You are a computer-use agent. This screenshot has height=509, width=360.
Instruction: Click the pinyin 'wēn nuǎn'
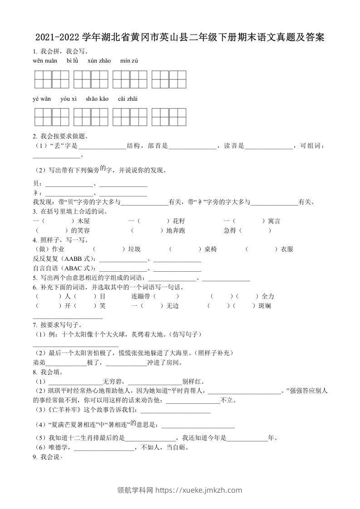pos(45,61)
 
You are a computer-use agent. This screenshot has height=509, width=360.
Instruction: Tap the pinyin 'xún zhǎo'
pos(99,61)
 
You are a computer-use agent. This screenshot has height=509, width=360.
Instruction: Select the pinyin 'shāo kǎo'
pos(97,99)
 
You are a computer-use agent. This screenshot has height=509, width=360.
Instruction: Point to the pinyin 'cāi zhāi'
pos(128,99)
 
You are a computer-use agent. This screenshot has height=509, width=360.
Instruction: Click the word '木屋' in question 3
pos(84,221)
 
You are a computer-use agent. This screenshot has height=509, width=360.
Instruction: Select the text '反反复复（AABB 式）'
pos(64,259)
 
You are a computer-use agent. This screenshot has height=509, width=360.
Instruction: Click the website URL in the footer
pos(198,490)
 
